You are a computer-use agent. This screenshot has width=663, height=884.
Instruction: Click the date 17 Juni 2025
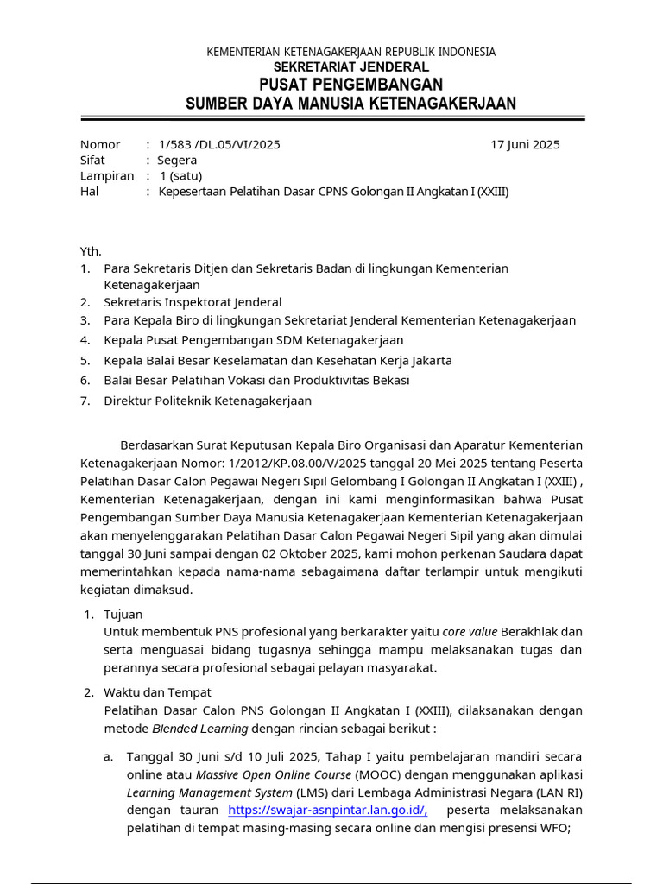pos(525,144)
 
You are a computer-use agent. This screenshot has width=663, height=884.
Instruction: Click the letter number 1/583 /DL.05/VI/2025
pos(219,144)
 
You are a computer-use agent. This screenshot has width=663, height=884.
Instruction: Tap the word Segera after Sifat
pos(177,160)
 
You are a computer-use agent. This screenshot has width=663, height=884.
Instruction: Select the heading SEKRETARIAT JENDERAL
pos(350,67)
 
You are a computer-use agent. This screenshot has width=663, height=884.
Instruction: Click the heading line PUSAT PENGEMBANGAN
pos(350,85)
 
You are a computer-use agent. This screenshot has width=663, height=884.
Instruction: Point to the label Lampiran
pos(107,175)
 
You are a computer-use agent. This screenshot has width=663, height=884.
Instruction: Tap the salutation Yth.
pos(91,251)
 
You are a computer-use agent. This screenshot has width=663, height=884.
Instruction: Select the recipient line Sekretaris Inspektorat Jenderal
pos(193,302)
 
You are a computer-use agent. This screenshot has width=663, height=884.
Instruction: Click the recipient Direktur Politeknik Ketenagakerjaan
pos(207,401)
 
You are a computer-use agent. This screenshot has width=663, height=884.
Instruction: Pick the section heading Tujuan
pos(123,615)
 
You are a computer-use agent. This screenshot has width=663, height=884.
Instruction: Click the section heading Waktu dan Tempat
pos(157,692)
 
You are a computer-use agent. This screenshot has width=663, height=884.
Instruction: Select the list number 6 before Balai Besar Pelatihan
pos(85,380)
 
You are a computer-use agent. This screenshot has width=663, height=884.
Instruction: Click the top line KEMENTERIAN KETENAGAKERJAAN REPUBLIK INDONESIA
pos(350,53)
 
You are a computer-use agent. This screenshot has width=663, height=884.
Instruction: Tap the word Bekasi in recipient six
pos(390,380)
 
